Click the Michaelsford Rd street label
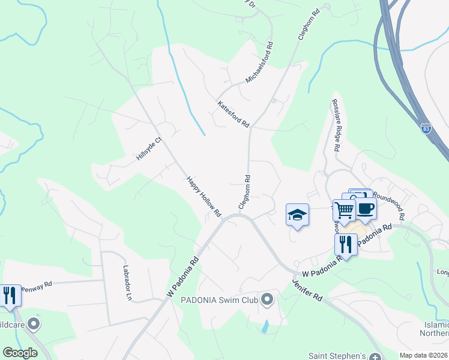[259, 62]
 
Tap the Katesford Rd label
[233, 113]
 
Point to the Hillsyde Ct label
[149, 148]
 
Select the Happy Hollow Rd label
[203, 196]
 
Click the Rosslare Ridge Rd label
[336, 124]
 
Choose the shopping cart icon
[345, 211]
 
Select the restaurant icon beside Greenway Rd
[9, 296]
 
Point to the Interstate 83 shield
[426, 128]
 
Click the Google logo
[20, 353]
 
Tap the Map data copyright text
[423, 355]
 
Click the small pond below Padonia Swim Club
[265, 327]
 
